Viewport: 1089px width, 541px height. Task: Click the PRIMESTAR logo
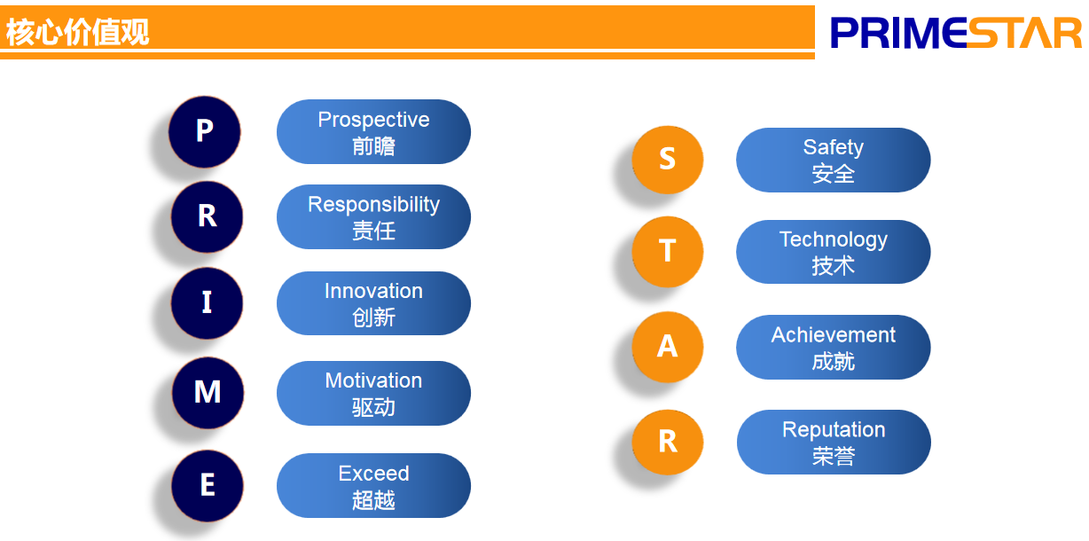click(956, 33)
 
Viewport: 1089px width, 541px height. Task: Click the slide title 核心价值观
click(77, 32)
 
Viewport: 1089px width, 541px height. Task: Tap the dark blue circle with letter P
click(205, 132)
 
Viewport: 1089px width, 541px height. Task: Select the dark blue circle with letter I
click(208, 302)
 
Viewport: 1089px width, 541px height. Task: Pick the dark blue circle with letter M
click(208, 393)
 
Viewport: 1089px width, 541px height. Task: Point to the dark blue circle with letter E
click(208, 486)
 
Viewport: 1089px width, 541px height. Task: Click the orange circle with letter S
click(668, 160)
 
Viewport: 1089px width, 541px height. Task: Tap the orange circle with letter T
click(668, 251)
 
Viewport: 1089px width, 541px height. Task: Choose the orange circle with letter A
click(668, 347)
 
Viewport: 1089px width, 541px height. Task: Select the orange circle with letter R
click(668, 442)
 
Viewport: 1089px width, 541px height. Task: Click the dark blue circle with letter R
click(208, 216)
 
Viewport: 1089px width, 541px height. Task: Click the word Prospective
click(373, 120)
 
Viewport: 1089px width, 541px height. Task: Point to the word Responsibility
click(373, 205)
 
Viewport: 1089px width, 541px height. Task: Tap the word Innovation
click(373, 291)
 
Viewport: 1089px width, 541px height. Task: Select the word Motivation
click(373, 380)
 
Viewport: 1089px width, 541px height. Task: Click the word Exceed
click(373, 474)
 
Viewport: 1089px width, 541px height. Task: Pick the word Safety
click(834, 148)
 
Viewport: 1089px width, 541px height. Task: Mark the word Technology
click(834, 239)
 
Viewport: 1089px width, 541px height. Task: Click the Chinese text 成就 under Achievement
click(834, 362)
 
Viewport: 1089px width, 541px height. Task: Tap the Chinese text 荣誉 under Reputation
click(834, 457)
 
